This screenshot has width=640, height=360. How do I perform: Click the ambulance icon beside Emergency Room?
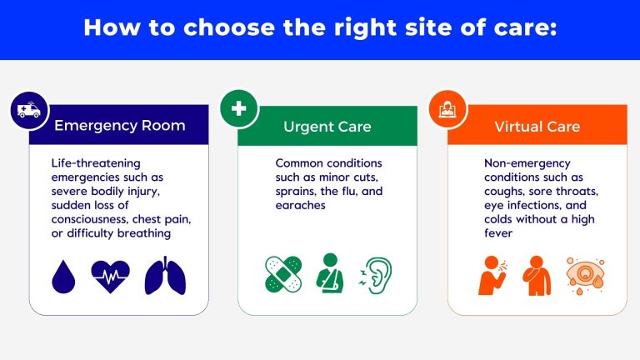tap(28, 109)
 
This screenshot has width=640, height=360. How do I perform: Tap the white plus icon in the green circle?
tap(238, 109)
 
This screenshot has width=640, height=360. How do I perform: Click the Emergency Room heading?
tap(120, 127)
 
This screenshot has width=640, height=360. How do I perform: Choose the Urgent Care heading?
tap(327, 127)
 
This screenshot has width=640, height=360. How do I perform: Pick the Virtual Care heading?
tap(537, 127)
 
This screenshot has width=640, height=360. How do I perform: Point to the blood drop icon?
tap(64, 276)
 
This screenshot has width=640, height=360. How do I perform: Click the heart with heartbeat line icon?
tap(110, 276)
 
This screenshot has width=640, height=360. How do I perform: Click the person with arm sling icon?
tap(330, 275)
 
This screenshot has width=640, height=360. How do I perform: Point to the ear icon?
tap(375, 275)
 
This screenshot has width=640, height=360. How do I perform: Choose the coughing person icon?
tap(492, 276)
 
